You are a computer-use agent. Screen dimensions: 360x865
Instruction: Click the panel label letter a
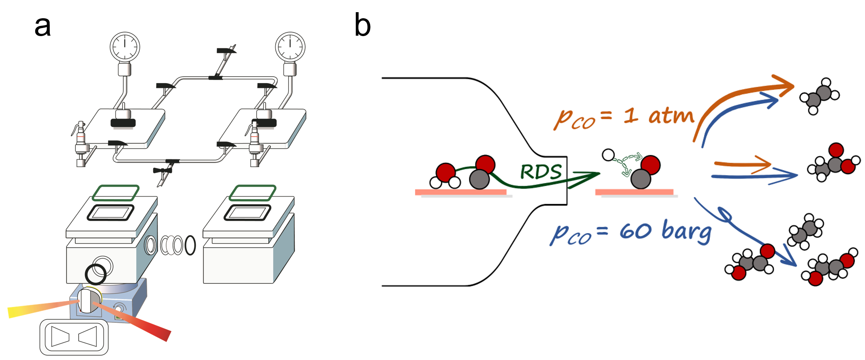43,27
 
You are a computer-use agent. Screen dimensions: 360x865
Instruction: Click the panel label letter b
362,25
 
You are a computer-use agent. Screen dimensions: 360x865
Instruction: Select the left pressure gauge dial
125,47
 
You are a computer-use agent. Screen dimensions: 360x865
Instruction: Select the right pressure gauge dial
290,47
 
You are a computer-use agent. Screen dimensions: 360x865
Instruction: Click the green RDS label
541,172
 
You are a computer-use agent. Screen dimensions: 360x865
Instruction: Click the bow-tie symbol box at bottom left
74,337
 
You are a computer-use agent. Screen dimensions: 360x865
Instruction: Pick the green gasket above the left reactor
116,193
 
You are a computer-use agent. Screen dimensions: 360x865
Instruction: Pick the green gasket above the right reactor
253,193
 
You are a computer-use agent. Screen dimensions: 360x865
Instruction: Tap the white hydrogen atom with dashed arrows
608,155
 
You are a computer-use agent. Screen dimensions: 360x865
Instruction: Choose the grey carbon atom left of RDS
479,179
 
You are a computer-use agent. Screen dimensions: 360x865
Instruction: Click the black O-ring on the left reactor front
96,274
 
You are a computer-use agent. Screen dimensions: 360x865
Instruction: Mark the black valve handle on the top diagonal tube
226,50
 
